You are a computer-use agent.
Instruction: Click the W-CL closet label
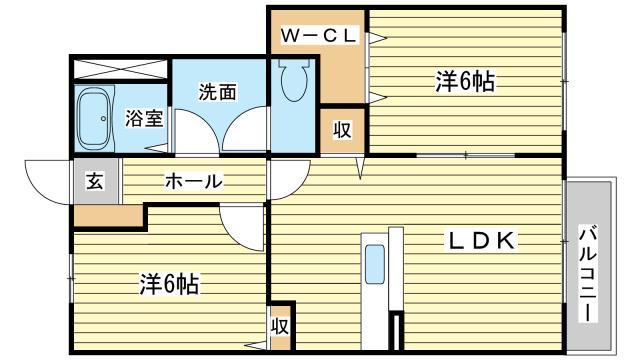(x=317, y=37)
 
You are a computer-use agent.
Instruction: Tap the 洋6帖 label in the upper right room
(x=465, y=82)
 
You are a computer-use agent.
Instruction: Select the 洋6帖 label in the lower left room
(x=168, y=285)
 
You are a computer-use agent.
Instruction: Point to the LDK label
(x=480, y=241)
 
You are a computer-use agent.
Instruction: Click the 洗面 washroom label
(x=217, y=93)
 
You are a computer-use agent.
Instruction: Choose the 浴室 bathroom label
(x=144, y=119)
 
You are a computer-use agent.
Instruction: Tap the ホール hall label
(x=193, y=182)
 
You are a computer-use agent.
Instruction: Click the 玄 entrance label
(x=93, y=182)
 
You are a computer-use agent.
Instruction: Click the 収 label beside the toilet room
(x=341, y=131)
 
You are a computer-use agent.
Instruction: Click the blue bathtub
(x=97, y=119)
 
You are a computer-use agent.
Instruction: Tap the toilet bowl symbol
(x=294, y=84)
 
